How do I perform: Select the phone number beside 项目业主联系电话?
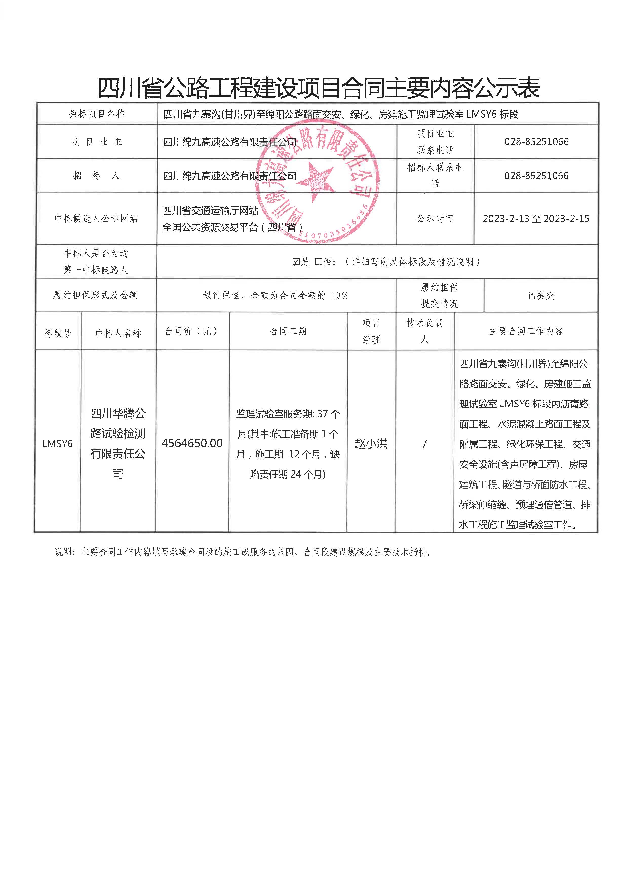click(x=536, y=142)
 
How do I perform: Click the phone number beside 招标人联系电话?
click(x=536, y=176)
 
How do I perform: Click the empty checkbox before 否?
click(x=318, y=262)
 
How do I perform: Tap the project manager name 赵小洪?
click(x=371, y=443)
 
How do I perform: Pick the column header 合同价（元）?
click(x=192, y=331)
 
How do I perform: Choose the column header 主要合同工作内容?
click(x=526, y=331)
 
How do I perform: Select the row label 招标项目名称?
click(x=97, y=114)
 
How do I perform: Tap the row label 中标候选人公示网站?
click(x=96, y=219)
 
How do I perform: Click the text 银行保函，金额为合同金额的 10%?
click(x=275, y=296)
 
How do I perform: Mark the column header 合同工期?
click(x=288, y=331)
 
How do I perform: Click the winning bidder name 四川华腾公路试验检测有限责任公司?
click(x=118, y=443)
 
